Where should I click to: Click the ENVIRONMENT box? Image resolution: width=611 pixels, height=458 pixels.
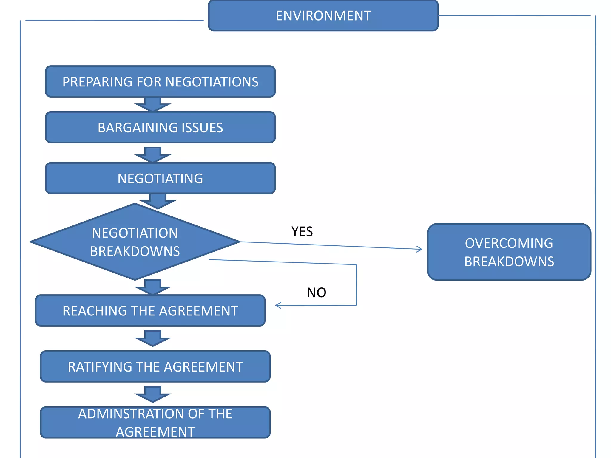(323, 16)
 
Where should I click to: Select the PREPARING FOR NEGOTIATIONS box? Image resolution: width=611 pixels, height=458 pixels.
(160, 82)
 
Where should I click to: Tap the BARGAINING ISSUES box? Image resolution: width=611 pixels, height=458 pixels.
(160, 128)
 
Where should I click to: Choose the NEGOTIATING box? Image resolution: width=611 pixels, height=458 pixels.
(160, 178)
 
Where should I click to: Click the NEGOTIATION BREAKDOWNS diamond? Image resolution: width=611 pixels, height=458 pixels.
(135, 242)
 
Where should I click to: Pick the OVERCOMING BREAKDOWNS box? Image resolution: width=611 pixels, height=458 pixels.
(509, 252)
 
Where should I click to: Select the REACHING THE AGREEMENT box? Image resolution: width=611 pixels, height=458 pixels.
(150, 311)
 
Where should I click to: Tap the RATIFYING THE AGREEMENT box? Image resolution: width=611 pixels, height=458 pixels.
(155, 366)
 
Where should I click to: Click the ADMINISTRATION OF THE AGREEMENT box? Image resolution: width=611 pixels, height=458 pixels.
(155, 423)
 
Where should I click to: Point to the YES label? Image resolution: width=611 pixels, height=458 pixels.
(302, 232)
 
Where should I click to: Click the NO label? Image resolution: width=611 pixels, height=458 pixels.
(316, 293)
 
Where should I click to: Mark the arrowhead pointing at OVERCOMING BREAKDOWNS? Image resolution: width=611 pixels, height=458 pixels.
(420, 249)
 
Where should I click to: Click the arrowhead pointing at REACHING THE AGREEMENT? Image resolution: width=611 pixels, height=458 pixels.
(278, 305)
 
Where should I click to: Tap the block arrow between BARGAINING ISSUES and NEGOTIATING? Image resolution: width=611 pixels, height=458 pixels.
(153, 155)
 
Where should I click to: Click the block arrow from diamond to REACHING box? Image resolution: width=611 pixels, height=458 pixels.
(153, 287)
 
